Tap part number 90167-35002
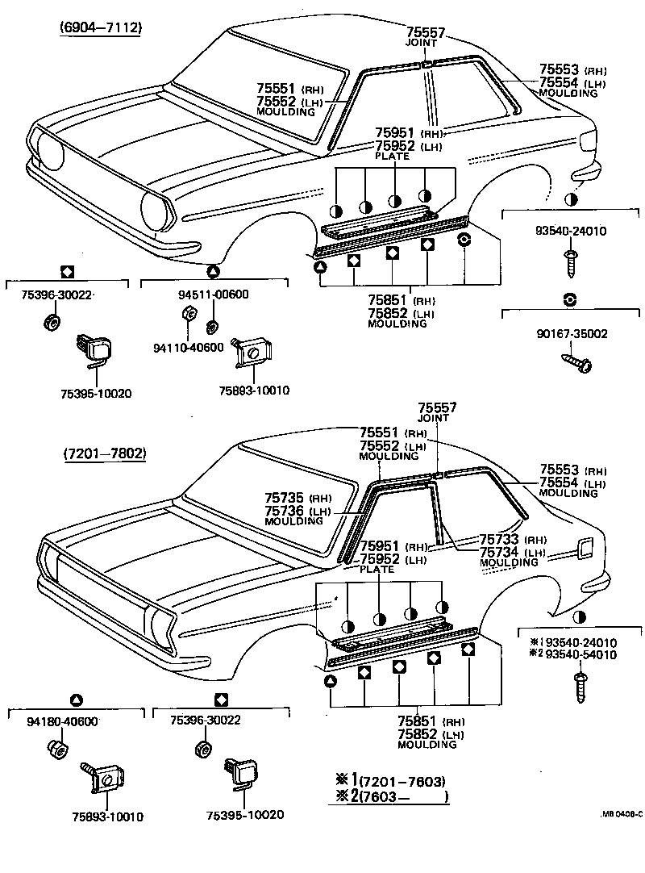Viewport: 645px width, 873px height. (571, 333)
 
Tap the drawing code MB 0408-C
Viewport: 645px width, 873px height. (620, 813)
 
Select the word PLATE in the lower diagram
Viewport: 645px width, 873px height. (377, 569)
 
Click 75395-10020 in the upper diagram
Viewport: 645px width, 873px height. (95, 393)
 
